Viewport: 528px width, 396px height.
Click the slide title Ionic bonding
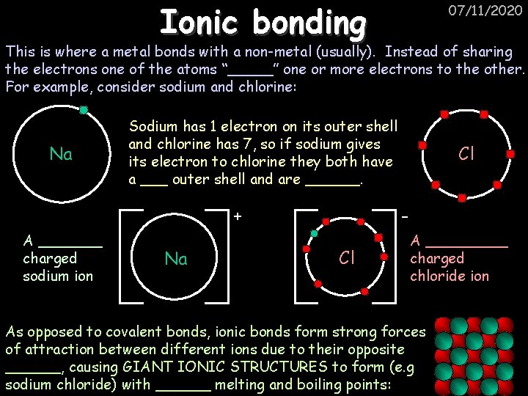[x=263, y=23]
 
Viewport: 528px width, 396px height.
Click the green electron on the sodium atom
[x=84, y=111]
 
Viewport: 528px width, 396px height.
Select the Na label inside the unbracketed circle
[x=61, y=154]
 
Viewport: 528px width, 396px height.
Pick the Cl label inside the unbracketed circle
[x=466, y=154]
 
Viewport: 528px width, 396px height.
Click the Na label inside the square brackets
[x=176, y=259]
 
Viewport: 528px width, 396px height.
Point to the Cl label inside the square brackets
[x=348, y=258]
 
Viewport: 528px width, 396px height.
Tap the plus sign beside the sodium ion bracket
[x=237, y=216]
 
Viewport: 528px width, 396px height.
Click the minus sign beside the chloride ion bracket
[x=405, y=216]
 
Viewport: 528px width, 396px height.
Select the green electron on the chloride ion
[x=314, y=233]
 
